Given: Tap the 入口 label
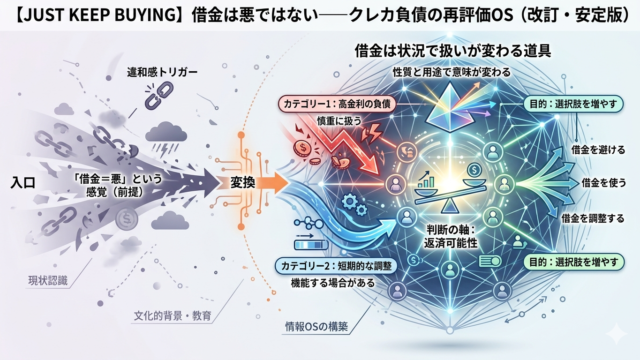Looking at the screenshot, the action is [x=23, y=182].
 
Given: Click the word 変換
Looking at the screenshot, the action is [x=243, y=182].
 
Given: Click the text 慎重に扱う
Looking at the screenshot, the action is [x=339, y=120].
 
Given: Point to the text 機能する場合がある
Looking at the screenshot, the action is [x=333, y=282].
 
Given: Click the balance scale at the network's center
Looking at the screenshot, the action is [x=451, y=189].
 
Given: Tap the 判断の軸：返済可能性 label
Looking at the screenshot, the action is [x=450, y=237].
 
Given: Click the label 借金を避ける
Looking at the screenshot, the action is [x=598, y=150].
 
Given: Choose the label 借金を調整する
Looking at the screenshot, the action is [x=593, y=218].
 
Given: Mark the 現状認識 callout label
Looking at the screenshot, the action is [x=48, y=281].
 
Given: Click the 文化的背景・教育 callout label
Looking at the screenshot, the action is [x=173, y=316].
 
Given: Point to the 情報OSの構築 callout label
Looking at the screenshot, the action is [x=316, y=327].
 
